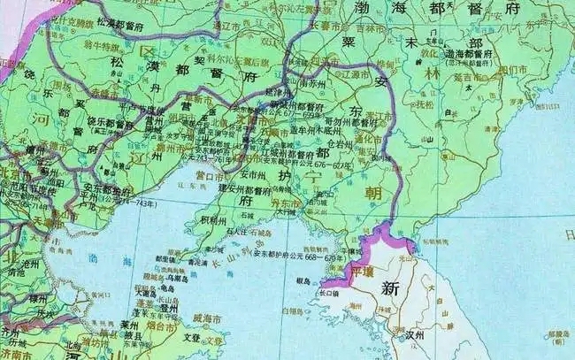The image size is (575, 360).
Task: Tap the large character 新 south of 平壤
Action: coord(390,288)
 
